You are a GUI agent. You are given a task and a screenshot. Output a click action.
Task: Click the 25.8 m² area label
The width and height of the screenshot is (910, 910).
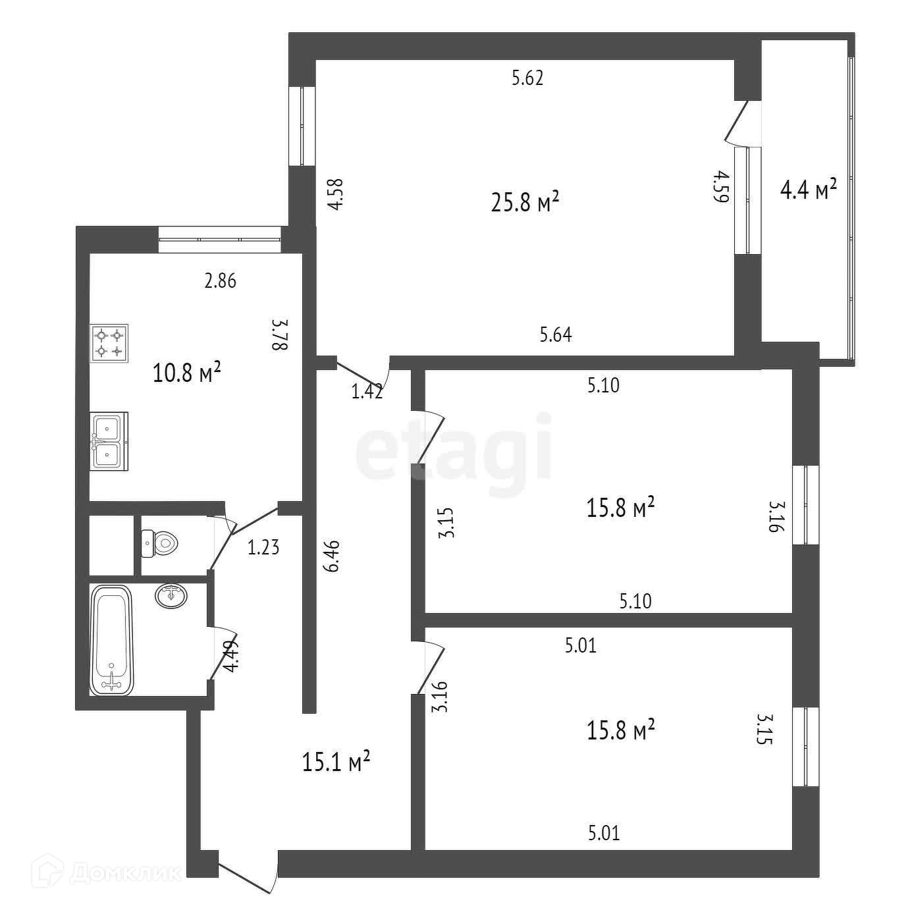click(525, 202)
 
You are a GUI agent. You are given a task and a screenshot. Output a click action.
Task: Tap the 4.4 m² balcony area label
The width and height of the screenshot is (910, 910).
click(808, 190)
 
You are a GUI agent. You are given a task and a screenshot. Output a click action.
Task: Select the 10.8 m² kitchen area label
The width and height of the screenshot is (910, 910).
click(186, 373)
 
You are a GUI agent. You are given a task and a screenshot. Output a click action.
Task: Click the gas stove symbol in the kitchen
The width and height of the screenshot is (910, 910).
click(109, 343)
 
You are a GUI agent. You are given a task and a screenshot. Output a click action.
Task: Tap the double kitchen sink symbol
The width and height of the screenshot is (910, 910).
click(109, 441)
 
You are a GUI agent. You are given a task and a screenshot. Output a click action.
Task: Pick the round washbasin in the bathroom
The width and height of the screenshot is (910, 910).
click(172, 596)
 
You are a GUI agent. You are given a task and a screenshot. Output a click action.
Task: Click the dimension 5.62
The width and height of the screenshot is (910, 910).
click(527, 79)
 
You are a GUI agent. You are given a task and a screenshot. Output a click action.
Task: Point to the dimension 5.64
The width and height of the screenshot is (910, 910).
click(556, 335)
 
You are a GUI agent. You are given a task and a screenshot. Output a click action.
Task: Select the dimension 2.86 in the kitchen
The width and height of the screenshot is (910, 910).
click(220, 282)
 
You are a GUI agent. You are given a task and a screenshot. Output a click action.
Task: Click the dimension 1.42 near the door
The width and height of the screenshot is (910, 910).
click(367, 392)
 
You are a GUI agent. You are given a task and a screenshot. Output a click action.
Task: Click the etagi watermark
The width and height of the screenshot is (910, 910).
click(454, 446)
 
